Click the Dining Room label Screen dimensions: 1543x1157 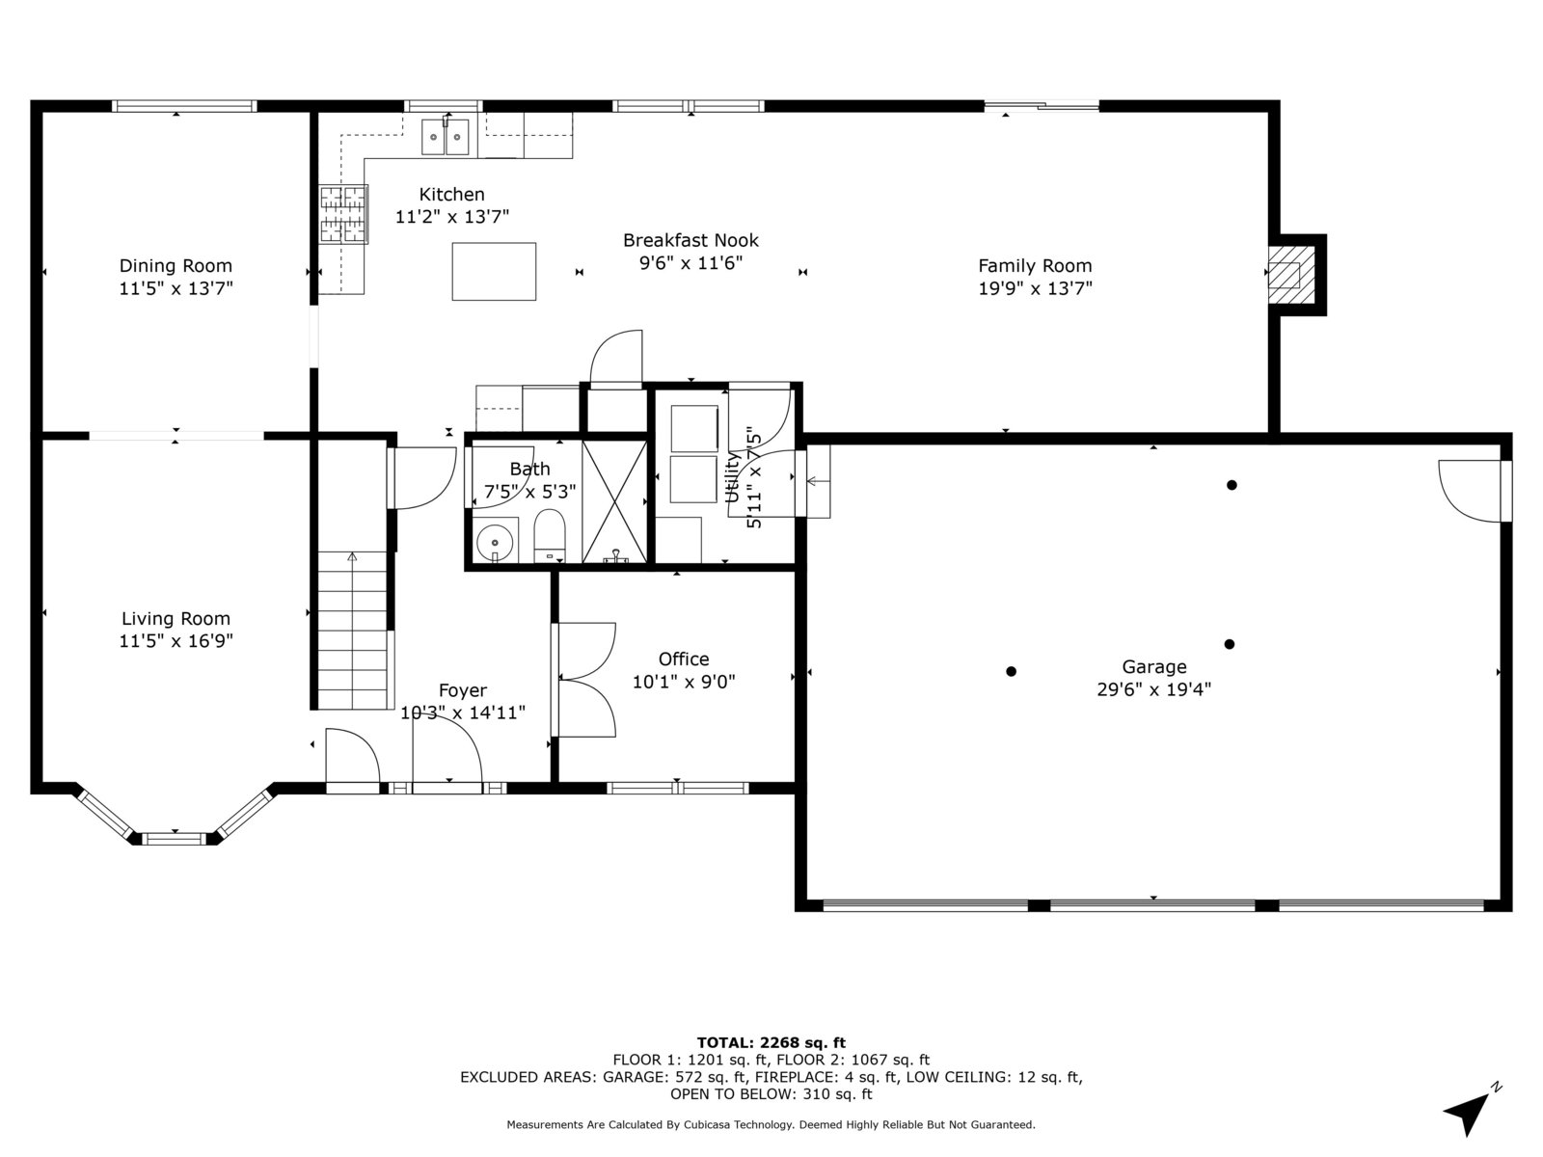176,265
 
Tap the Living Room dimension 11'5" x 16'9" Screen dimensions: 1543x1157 176,640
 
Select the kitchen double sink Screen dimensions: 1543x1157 445,137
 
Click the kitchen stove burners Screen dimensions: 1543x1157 343,213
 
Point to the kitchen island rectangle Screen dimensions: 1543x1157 494,271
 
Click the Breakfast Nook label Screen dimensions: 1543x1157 691,240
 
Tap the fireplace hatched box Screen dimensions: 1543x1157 1291,275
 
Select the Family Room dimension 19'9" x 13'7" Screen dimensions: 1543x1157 1036,288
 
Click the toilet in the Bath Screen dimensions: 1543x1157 549,535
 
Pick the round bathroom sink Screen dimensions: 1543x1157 495,542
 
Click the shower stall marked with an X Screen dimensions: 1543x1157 614,501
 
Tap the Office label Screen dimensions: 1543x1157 684,659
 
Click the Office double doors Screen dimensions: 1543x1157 584,680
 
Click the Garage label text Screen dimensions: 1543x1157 1154,666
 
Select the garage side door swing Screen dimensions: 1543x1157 1470,491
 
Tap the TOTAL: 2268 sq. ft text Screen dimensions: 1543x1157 771,1042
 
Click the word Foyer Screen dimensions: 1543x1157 463,690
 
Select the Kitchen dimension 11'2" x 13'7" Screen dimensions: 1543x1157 452,216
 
